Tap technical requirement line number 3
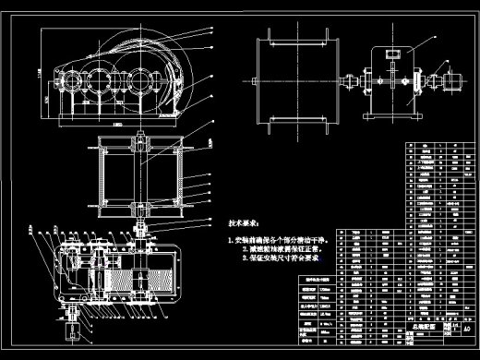click(x=280, y=258)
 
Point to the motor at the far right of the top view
click(x=453, y=81)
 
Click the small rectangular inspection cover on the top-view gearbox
click(x=392, y=55)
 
